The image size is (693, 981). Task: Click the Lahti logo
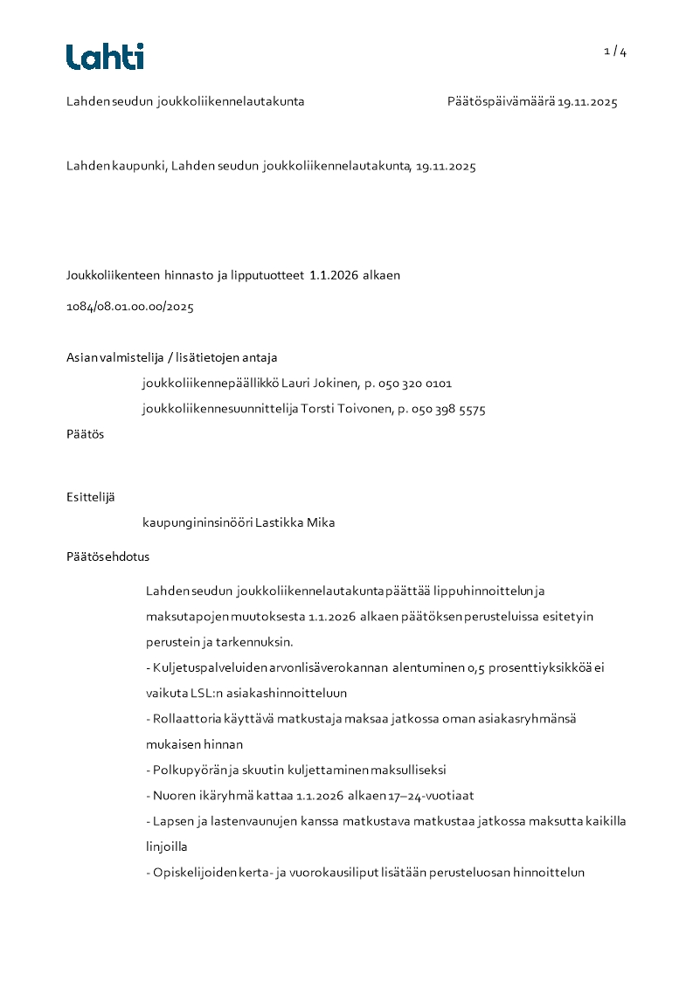(x=105, y=57)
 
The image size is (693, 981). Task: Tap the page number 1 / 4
(x=615, y=52)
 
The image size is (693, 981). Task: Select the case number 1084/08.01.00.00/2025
(x=130, y=307)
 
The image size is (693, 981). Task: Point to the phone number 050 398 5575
(x=448, y=410)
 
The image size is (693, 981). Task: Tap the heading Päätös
(x=85, y=434)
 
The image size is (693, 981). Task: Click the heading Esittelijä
(x=90, y=497)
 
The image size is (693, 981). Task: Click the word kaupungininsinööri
(x=198, y=523)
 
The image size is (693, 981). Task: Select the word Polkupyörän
(x=189, y=770)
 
